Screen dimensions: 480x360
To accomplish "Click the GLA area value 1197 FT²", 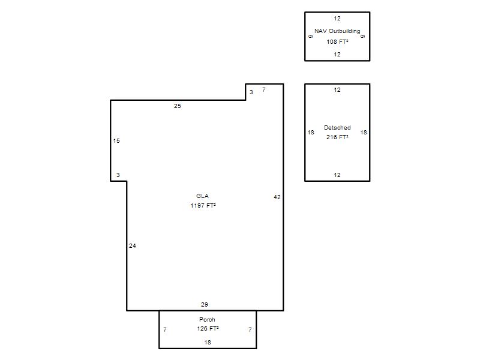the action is point(203,205).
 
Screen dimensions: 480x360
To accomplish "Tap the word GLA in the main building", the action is point(202,196).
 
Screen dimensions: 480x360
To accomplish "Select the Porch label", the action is point(207,320).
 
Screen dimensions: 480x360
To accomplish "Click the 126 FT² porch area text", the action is point(208,328).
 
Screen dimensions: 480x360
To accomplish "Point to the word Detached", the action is point(337,128).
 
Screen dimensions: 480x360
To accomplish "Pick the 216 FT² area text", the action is point(337,137).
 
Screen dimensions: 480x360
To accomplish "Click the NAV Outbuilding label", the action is point(337,31).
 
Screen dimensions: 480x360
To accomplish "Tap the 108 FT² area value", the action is point(337,41).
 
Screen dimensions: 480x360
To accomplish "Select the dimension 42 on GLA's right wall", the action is point(277,197).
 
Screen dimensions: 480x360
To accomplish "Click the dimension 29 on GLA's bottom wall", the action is point(205,305).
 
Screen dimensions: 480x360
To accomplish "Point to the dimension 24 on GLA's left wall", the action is point(132,245).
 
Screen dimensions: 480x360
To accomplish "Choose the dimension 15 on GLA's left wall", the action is point(116,141).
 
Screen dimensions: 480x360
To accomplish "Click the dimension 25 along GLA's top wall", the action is point(178,106).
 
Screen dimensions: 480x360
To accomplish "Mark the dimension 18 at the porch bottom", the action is point(208,342).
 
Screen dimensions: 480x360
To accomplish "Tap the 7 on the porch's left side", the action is point(165,329).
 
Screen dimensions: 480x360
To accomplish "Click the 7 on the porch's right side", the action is point(250,329).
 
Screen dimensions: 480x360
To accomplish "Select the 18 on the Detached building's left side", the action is point(311,132).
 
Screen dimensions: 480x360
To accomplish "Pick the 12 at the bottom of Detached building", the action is point(337,175).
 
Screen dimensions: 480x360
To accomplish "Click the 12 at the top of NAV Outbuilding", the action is point(337,19).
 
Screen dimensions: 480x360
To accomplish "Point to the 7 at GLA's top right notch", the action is point(264,89).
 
